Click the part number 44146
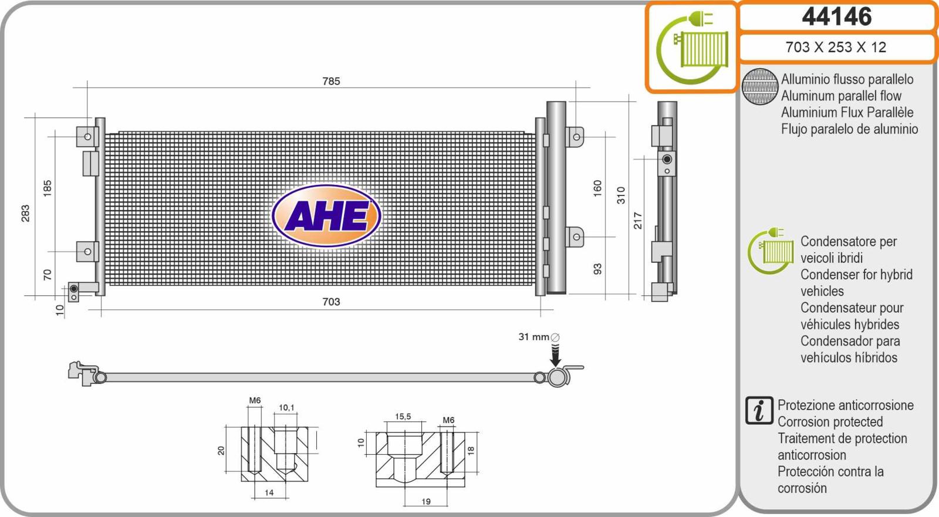pyautogui.click(x=837, y=16)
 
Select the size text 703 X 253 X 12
pyautogui.click(x=836, y=47)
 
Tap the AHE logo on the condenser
pyautogui.click(x=326, y=215)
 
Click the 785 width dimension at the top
pyautogui.click(x=331, y=81)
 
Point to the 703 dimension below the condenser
pyautogui.click(x=331, y=302)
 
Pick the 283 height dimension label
pyautogui.click(x=26, y=213)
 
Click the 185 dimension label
pyautogui.click(x=48, y=188)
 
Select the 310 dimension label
pyautogui.click(x=621, y=195)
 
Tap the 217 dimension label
pyautogui.click(x=637, y=221)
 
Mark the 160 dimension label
pyautogui.click(x=597, y=188)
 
